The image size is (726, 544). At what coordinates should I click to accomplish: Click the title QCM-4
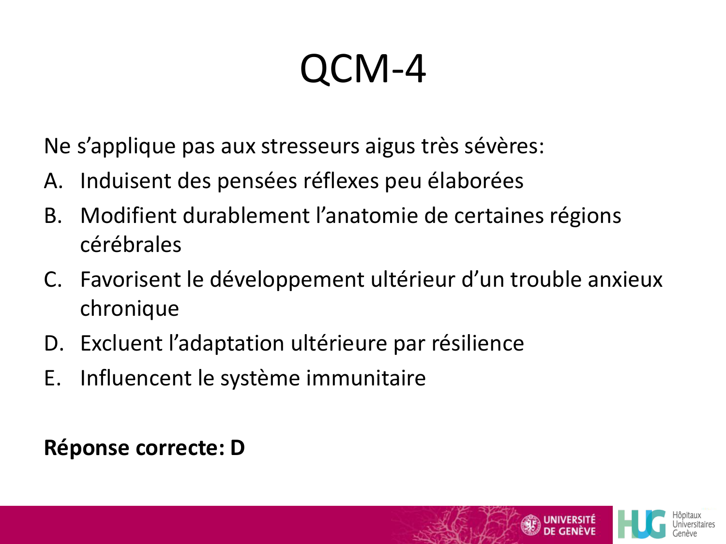point(363,69)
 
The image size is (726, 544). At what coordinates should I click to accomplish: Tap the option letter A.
point(53,181)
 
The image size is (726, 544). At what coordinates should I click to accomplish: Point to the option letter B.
point(53,216)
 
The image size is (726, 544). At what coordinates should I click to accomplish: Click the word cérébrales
point(131,245)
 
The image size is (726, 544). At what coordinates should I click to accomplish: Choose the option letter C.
point(53,279)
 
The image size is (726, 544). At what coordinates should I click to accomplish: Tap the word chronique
point(129,309)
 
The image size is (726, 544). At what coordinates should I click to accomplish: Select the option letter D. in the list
point(54,343)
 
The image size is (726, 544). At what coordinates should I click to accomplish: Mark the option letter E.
point(52,378)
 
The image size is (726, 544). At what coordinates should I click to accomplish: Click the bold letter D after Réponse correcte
point(237,448)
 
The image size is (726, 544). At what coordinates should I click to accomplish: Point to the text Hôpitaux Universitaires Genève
point(693,524)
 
